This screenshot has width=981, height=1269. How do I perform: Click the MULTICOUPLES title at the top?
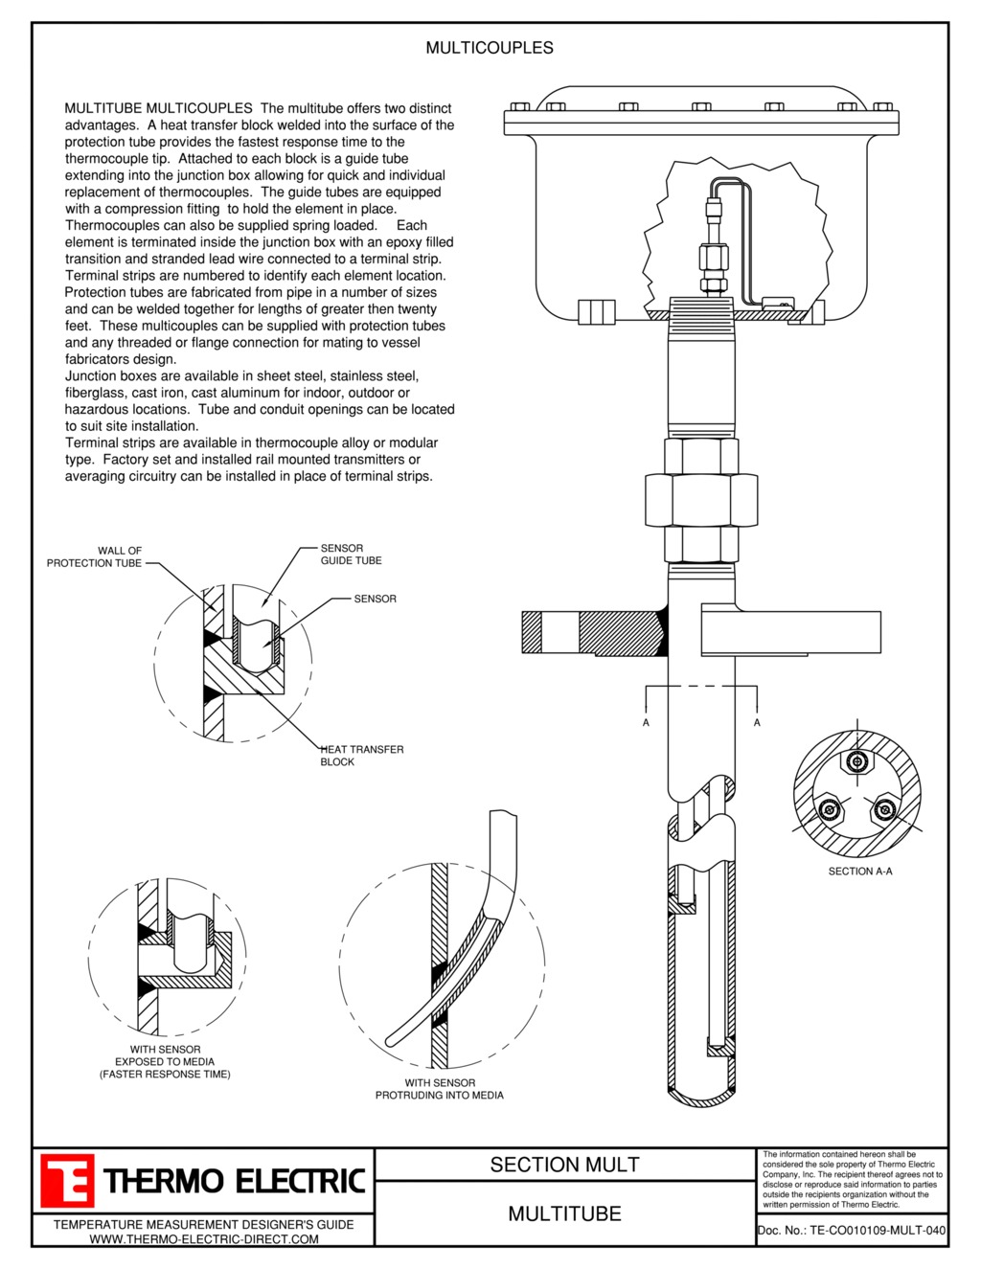tap(489, 48)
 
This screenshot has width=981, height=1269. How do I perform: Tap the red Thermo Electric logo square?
tap(67, 1180)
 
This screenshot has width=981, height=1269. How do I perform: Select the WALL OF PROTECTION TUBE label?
tap(95, 557)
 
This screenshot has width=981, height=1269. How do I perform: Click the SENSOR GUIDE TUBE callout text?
tap(351, 555)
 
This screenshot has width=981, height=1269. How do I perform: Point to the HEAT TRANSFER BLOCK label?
tap(361, 756)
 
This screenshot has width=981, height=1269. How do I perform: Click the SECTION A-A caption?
tap(859, 872)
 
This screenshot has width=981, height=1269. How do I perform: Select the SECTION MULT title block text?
tap(564, 1165)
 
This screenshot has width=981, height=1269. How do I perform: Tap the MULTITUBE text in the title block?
tap(564, 1213)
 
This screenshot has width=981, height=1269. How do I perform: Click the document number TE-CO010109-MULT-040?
tap(852, 1231)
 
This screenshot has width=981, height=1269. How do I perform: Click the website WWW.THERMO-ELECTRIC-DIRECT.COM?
tap(203, 1239)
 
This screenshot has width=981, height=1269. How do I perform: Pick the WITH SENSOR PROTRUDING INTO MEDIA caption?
tap(439, 1089)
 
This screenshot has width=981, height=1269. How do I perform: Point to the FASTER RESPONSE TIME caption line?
tap(165, 1075)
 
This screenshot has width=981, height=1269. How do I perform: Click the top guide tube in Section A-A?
tap(857, 762)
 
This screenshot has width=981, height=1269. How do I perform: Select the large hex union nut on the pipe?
tap(700, 500)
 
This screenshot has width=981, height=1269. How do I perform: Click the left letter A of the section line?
tap(646, 722)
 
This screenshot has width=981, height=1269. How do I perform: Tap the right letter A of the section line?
tap(757, 722)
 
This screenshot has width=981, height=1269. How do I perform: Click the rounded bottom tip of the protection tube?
tap(701, 1098)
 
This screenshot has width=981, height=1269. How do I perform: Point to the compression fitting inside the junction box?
tap(711, 257)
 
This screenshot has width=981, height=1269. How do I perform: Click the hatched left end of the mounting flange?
tap(532, 632)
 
